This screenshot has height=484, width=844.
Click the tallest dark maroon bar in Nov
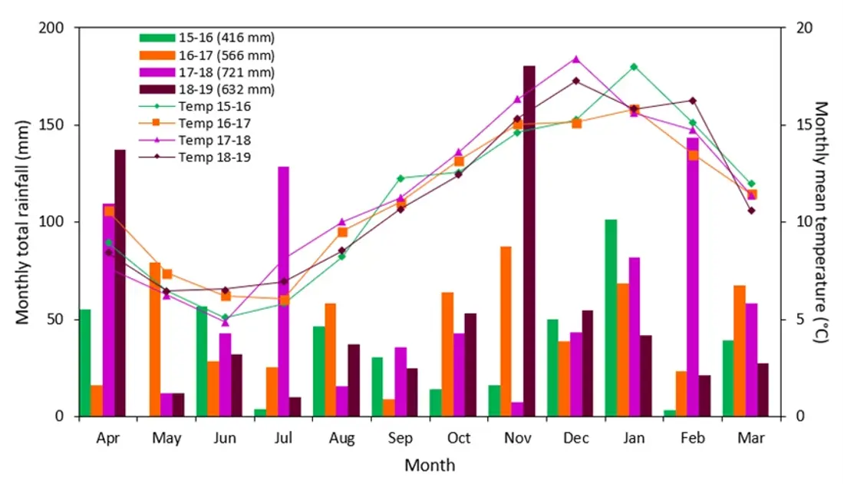tap(529, 241)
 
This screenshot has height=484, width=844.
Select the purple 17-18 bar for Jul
tap(284, 292)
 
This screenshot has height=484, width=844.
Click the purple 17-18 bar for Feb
tap(693, 277)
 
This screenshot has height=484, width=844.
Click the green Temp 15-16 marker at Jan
tap(634, 67)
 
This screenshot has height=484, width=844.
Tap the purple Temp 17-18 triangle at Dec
tap(576, 59)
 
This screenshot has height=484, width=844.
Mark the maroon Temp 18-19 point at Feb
tap(692, 101)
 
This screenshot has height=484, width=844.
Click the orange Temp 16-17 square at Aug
tap(342, 232)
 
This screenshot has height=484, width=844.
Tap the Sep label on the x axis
tap(400, 439)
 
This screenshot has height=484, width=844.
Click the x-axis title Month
tap(430, 466)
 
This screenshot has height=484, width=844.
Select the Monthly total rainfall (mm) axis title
tap(23, 222)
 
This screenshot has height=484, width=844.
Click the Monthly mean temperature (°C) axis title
tap(822, 222)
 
